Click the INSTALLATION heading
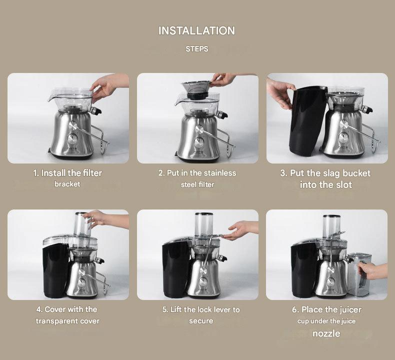tap(196, 30)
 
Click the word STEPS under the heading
tap(197, 49)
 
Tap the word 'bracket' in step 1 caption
tap(67, 184)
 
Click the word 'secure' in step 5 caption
tap(201, 321)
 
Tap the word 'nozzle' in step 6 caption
tap(326, 333)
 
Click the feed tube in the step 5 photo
tap(204, 224)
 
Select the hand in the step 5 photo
tap(242, 230)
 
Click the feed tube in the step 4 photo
tap(82, 224)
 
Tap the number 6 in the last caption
tap(294, 310)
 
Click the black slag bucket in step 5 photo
tap(175, 269)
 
